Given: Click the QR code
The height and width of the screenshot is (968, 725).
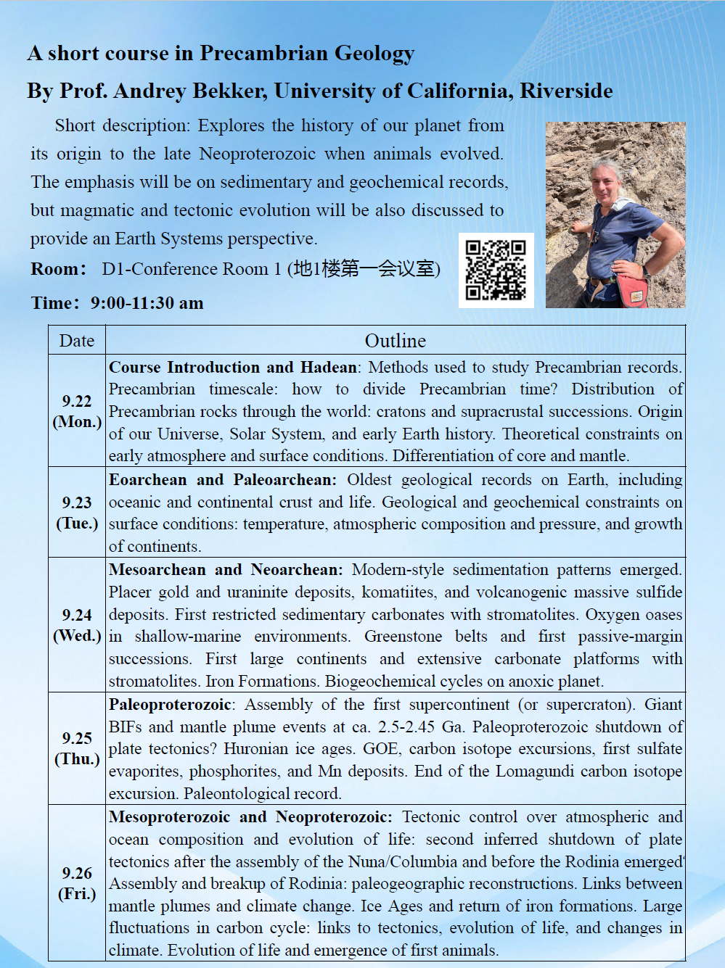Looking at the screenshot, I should (496, 270).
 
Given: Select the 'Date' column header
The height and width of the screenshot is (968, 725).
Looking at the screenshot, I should (77, 341).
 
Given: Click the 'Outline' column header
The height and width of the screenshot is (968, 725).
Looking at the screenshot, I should (395, 341).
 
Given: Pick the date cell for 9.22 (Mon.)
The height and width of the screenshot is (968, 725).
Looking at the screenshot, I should (77, 411).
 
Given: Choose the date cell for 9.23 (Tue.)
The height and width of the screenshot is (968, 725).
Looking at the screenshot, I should (77, 513).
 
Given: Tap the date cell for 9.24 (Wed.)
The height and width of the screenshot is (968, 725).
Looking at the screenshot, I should (77, 625).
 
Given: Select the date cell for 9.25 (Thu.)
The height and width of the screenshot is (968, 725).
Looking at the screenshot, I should (77, 748).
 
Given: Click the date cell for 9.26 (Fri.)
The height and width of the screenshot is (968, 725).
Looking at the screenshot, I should (77, 883).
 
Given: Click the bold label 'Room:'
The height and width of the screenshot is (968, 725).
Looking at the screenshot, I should (58, 269).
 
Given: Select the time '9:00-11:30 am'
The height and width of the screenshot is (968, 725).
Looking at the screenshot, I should (147, 303).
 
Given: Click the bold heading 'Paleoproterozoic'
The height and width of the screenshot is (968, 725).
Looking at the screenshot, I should (170, 705).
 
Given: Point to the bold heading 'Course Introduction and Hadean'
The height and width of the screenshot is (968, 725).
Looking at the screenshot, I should (233, 368).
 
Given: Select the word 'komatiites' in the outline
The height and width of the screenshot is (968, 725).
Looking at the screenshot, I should (398, 592).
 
